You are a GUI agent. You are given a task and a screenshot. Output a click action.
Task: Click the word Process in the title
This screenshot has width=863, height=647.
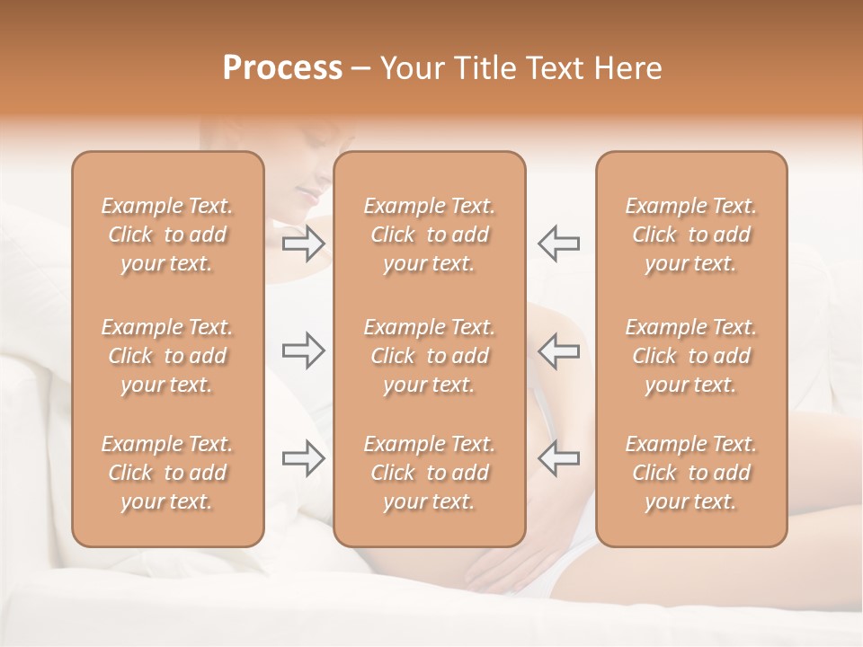pos(282,68)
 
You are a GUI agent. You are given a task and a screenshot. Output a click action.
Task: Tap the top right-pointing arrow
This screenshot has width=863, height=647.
pos(304,244)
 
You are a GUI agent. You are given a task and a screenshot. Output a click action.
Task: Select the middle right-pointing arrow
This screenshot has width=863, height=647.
pos(304,350)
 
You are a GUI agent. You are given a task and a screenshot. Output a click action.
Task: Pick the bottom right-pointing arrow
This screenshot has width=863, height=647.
pos(304,458)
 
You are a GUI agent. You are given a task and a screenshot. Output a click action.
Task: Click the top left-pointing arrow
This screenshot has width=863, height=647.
pos(559,244)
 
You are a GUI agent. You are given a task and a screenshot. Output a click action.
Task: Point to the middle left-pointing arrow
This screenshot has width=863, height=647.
pos(559,350)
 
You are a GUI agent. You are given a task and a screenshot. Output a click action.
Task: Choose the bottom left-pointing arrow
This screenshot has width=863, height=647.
pos(559,458)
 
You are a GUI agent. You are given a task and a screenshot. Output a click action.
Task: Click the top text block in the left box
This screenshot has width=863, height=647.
pos(167,235)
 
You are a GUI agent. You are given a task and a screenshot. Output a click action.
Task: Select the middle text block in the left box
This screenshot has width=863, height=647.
pos(167,356)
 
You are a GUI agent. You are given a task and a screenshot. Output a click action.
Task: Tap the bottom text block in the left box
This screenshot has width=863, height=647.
pos(167,473)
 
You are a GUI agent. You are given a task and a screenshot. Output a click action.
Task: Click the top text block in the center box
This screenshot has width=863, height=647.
pos(430,235)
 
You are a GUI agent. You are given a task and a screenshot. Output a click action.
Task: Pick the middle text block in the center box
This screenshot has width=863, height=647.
pos(430,356)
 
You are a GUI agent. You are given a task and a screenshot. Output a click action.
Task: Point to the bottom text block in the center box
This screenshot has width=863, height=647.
pos(430,473)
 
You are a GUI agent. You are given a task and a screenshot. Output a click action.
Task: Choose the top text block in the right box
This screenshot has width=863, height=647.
pos(691,235)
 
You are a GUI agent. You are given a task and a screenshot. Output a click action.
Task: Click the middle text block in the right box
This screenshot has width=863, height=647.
pos(691,356)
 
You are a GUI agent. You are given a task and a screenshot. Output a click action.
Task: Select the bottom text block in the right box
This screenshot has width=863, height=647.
pos(691,473)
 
